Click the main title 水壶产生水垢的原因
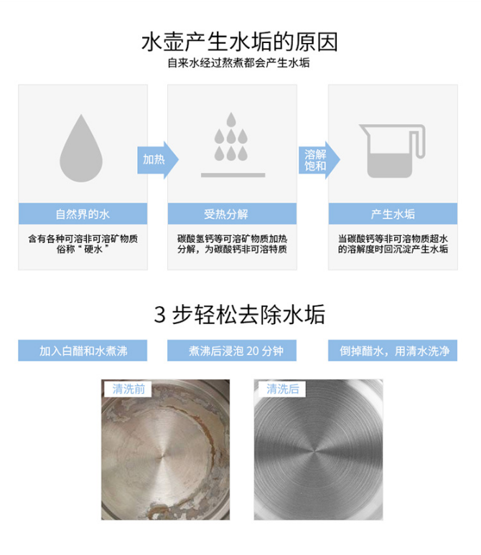[x=240, y=42]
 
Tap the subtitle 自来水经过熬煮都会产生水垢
[x=238, y=63]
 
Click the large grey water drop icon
[x=81, y=148]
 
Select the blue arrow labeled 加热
[x=158, y=160]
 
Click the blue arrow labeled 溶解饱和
[x=319, y=160]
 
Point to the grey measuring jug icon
[x=392, y=151]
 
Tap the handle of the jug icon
[x=419, y=141]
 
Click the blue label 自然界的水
[x=83, y=214]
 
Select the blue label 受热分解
[x=232, y=214]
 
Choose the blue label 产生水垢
[x=393, y=214]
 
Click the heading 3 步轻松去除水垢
[x=239, y=314]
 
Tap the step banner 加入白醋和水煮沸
[x=83, y=351]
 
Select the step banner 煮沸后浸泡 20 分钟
[x=232, y=351]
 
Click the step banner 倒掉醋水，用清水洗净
[x=393, y=351]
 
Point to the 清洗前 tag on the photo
[x=129, y=389]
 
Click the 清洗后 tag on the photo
[x=283, y=389]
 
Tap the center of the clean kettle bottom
[x=314, y=452]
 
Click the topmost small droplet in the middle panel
[x=231, y=120]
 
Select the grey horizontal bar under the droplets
[x=233, y=175]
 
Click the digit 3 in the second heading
[x=160, y=314]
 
